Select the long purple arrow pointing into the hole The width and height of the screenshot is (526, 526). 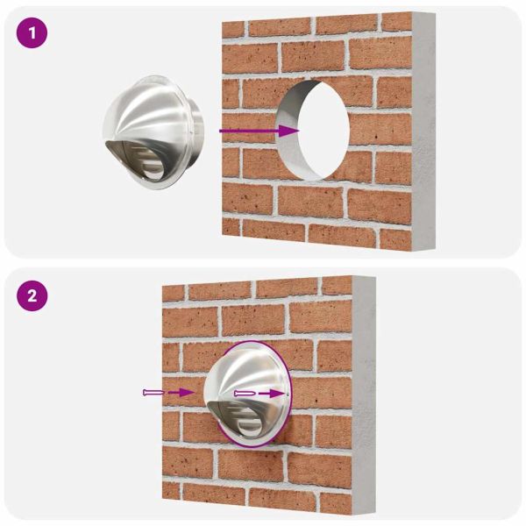254,131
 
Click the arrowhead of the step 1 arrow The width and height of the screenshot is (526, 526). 292,131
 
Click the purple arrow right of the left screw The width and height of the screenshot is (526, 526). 179,393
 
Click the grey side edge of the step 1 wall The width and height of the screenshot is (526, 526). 426,131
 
